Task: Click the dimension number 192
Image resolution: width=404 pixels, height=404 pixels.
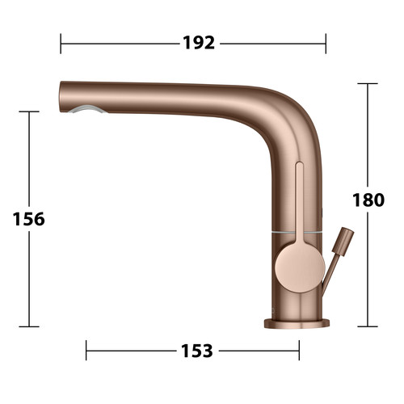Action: (x=199, y=43)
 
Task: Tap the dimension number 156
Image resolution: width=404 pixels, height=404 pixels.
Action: (x=29, y=219)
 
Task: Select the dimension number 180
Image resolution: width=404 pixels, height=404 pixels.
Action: (x=368, y=200)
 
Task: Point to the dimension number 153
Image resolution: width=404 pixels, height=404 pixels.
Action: (x=197, y=351)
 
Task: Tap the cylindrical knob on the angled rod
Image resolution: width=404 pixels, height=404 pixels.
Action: (x=343, y=242)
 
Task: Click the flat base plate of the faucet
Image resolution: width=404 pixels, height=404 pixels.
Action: (x=297, y=323)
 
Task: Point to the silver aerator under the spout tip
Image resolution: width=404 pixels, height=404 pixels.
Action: (x=86, y=109)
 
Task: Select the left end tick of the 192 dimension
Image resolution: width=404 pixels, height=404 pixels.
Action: (x=61, y=44)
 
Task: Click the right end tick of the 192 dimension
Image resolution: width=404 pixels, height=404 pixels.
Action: (x=326, y=44)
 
